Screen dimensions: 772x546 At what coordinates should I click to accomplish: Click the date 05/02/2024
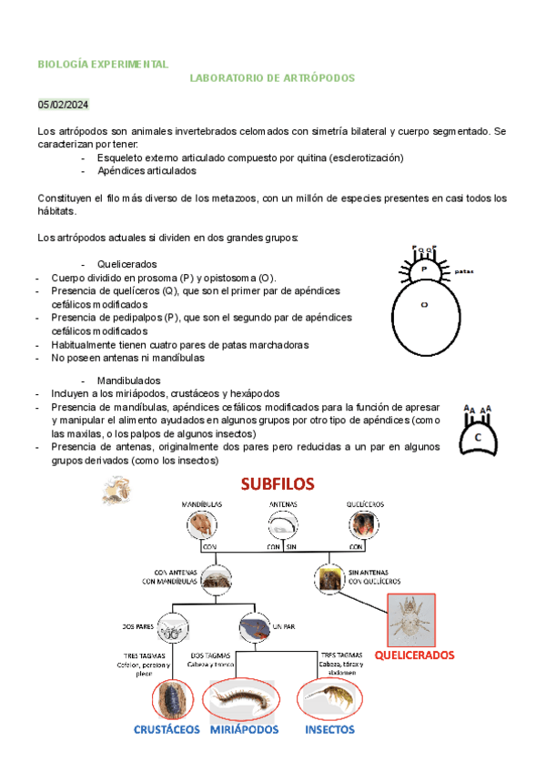click(x=64, y=105)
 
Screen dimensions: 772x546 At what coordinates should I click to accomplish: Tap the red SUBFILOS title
click(x=278, y=483)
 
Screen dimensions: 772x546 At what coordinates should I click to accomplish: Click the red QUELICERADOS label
click(x=414, y=655)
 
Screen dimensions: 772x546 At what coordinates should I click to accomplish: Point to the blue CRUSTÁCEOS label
click(x=167, y=729)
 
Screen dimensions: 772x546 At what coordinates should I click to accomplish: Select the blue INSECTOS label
click(x=329, y=729)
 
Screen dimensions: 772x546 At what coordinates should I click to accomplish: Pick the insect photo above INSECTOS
click(x=328, y=699)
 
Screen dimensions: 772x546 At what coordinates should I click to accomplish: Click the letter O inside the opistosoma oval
click(x=423, y=306)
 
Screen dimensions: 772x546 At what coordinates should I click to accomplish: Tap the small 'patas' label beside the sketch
click(x=464, y=270)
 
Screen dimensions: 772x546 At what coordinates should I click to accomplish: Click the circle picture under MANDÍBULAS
click(x=201, y=525)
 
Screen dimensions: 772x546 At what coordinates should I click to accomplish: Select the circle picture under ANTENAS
click(x=282, y=525)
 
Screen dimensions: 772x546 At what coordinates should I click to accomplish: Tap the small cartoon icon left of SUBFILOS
click(x=115, y=493)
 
